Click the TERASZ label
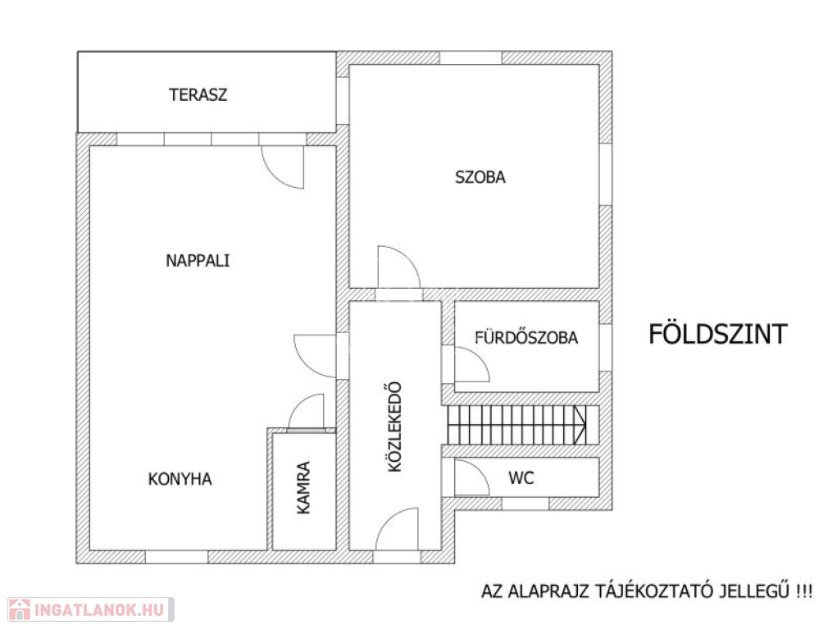pyautogui.click(x=198, y=94)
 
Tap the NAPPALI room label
pyautogui.click(x=198, y=261)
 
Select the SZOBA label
pyautogui.click(x=480, y=177)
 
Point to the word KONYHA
pyautogui.click(x=180, y=479)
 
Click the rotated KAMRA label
pyautogui.click(x=303, y=488)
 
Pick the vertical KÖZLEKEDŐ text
pyautogui.click(x=394, y=427)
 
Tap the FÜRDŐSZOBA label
pyautogui.click(x=526, y=338)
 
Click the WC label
pyautogui.click(x=521, y=477)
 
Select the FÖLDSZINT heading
pyautogui.click(x=718, y=335)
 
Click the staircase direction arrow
pyautogui.click(x=580, y=425)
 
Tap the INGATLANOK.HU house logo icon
pyautogui.click(x=19, y=609)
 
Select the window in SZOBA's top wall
pyautogui.click(x=471, y=57)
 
